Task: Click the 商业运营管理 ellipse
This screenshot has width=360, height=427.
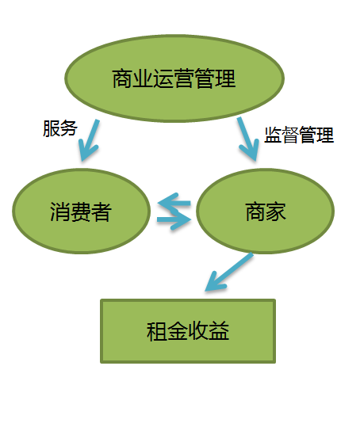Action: (x=174, y=78)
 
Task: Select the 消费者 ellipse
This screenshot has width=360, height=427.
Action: (x=81, y=212)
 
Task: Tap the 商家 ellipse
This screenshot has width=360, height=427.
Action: (x=266, y=212)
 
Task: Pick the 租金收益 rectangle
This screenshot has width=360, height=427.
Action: (x=188, y=331)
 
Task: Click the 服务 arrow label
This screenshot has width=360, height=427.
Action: (x=60, y=128)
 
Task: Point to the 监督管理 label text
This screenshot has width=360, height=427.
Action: (x=299, y=135)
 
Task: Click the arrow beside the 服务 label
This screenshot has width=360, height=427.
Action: (x=89, y=140)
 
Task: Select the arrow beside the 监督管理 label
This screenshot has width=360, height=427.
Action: (x=248, y=139)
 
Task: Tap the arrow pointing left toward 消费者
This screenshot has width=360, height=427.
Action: (x=174, y=203)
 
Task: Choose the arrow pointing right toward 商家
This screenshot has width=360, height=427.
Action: (x=174, y=219)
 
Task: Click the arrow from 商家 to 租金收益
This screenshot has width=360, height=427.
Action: (x=229, y=272)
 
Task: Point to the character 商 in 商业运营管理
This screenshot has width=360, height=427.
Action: (x=122, y=78)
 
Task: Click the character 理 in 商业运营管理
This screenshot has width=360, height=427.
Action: (x=225, y=78)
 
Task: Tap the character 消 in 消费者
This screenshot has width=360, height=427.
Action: (x=60, y=212)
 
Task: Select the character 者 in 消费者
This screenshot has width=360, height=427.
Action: (x=101, y=212)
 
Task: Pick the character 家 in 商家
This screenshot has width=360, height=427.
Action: (x=276, y=212)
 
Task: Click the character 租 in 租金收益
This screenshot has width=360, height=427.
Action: (x=157, y=331)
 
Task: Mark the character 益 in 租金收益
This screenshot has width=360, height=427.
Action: (x=219, y=331)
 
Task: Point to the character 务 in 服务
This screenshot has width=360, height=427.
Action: (x=69, y=128)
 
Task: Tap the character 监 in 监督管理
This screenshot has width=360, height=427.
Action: (x=273, y=135)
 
